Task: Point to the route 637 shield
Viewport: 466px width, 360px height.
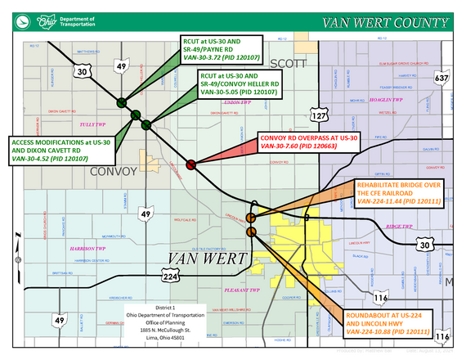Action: coord(441,79)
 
